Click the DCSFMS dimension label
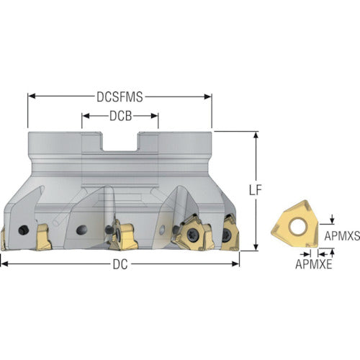120,97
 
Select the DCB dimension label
120,116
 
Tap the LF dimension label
255,190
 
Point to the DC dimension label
120,265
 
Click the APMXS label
342,236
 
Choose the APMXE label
314,264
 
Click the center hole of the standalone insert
297,226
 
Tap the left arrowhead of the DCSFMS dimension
32,96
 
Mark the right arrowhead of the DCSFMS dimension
208,96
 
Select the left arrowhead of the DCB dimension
86,116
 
